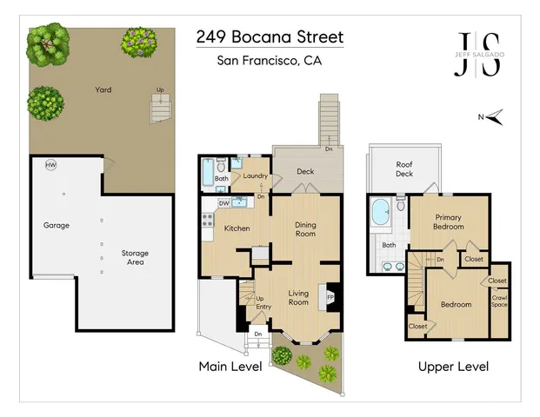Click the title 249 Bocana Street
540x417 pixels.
(270, 37)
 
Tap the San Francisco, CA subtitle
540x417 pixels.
(270, 61)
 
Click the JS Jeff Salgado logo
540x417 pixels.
(478, 56)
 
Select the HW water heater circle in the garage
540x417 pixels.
(50, 165)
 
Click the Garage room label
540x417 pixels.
(57, 225)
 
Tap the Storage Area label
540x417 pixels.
(134, 258)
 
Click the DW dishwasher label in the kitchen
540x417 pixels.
(223, 203)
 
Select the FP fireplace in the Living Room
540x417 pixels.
(330, 296)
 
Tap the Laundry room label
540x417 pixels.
(256, 175)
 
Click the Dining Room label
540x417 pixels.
(305, 228)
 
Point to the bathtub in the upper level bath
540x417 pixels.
(382, 214)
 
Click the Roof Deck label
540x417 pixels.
(404, 169)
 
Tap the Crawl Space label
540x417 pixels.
(499, 302)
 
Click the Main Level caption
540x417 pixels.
(230, 367)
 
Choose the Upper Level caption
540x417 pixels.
(453, 367)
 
